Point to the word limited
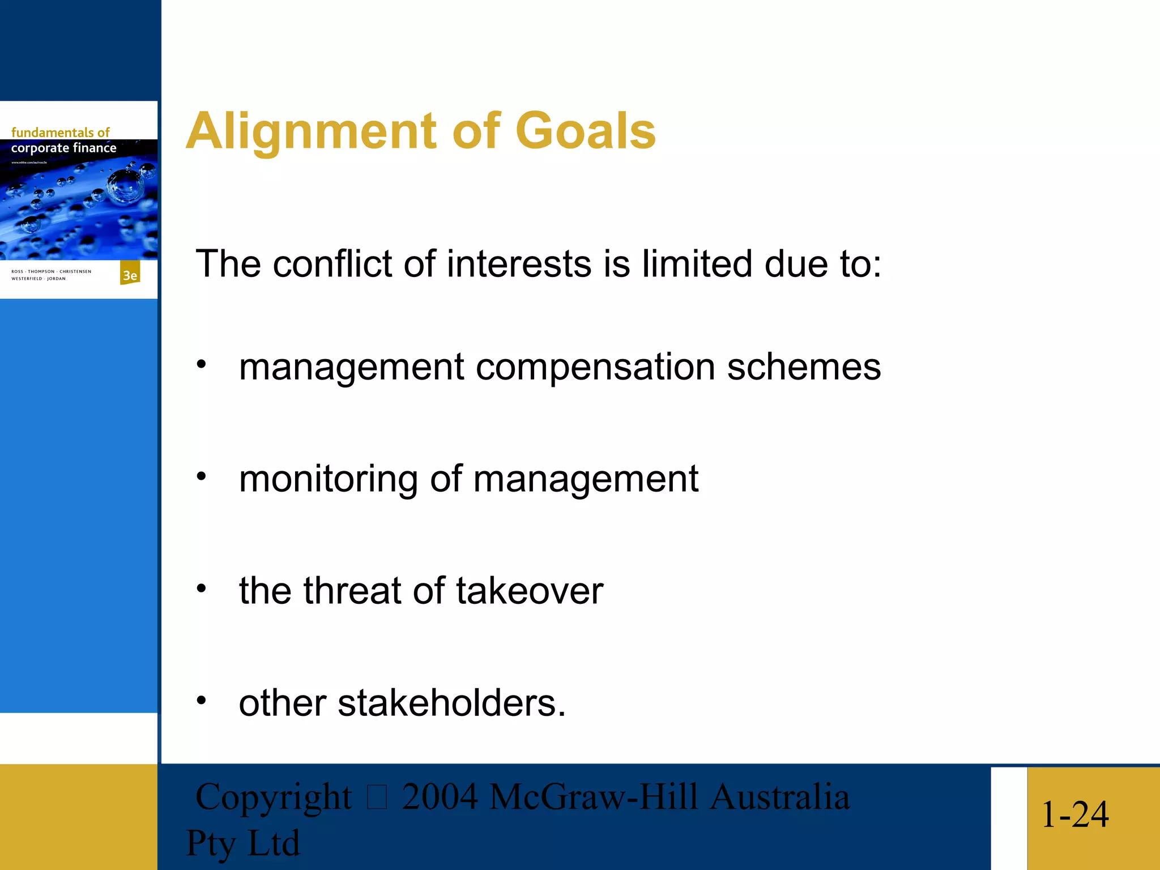[x=697, y=264]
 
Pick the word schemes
[x=804, y=368]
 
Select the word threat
[x=352, y=591]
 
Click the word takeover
[x=530, y=591]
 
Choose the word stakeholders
[x=451, y=703]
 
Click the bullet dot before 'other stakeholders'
[x=202, y=701]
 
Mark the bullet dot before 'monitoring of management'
[x=202, y=477]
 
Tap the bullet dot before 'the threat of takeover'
[x=202, y=589]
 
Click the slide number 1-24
[x=1074, y=814]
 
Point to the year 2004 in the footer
[x=440, y=797]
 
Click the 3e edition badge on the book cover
[x=130, y=275]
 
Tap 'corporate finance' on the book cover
[x=63, y=148]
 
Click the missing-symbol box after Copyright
[x=377, y=797]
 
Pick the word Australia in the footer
[x=779, y=797]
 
